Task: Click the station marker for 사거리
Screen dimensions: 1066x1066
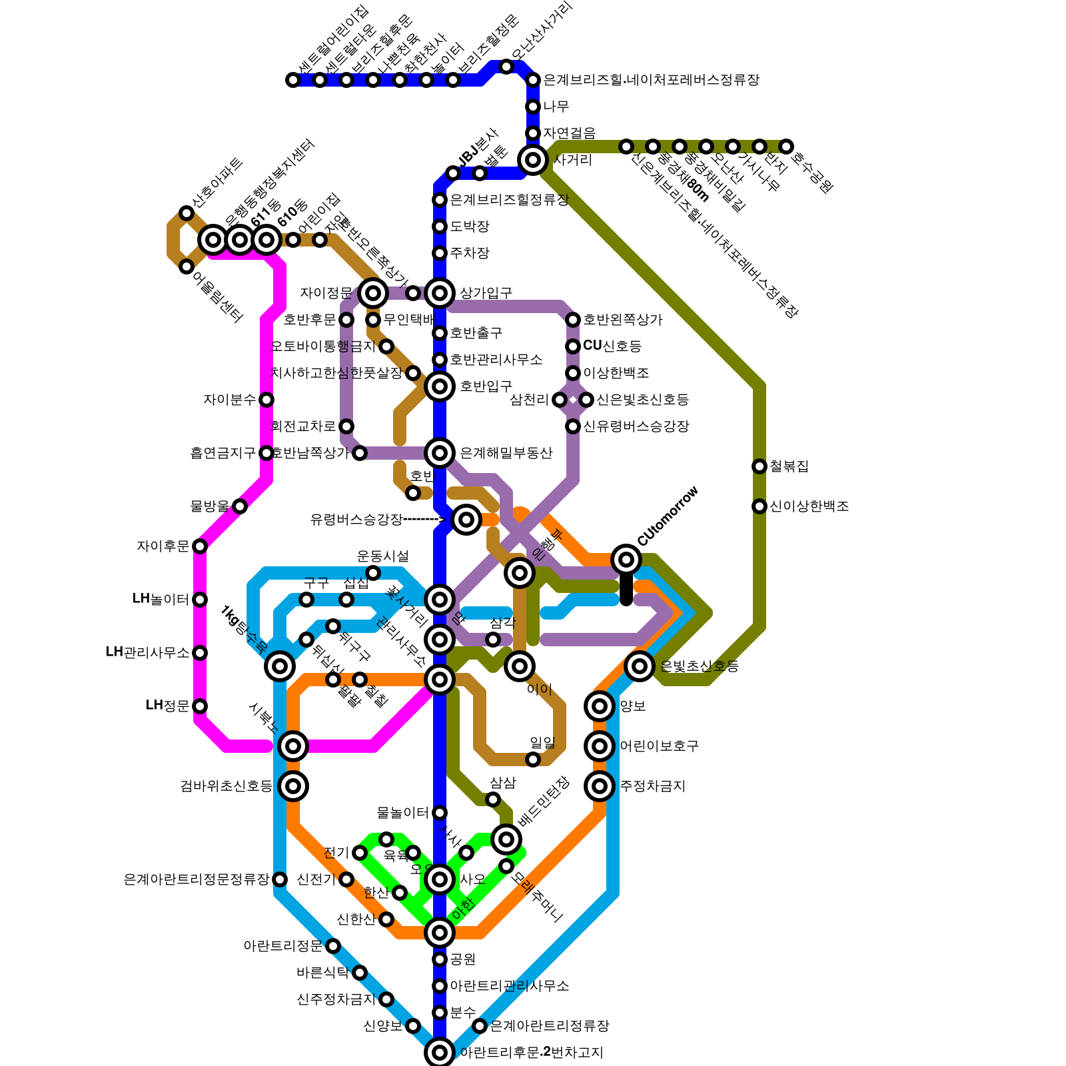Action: (533, 160)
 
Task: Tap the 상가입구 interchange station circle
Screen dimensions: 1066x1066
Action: (440, 293)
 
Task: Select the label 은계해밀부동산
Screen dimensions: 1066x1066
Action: (506, 453)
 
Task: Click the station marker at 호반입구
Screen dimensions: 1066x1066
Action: (440, 386)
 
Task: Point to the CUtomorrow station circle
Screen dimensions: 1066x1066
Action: (626, 560)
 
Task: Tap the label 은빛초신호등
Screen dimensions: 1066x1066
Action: (699, 666)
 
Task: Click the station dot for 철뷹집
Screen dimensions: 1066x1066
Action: (760, 466)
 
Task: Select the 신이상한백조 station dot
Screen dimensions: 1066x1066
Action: (760, 506)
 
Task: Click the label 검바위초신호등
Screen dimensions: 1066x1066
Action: (227, 786)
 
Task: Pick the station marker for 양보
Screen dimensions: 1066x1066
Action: (600, 706)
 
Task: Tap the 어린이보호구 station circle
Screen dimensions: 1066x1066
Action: (600, 746)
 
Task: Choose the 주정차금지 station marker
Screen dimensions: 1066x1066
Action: (600, 786)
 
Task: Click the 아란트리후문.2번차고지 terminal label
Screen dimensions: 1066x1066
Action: (531, 1053)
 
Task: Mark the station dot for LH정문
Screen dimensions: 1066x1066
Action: (200, 706)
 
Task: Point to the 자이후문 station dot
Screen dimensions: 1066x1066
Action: (200, 546)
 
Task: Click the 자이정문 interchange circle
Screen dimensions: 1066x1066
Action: (373, 293)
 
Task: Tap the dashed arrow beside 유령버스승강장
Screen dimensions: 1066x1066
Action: (424, 520)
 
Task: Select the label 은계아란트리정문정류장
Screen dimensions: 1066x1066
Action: (197, 879)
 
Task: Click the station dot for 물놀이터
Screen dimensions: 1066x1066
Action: (440, 813)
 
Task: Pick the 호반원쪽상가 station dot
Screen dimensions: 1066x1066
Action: (573, 320)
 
